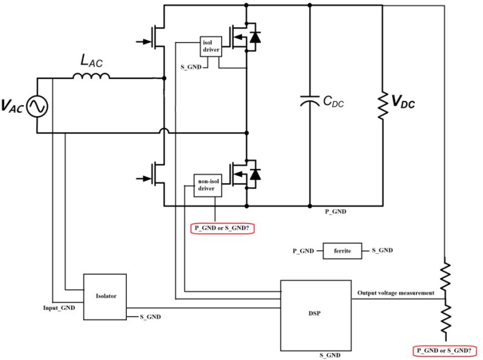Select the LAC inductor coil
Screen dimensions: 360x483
(91, 76)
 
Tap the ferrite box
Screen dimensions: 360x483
(342, 250)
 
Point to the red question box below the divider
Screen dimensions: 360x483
(445, 350)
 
